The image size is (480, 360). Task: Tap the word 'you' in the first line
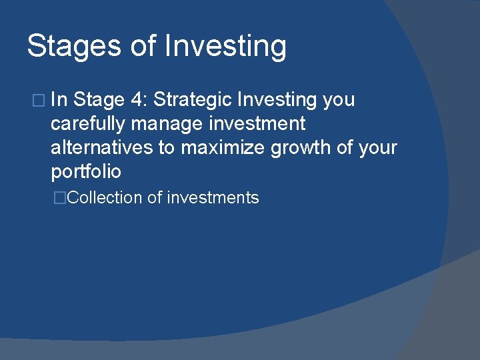pos(339,101)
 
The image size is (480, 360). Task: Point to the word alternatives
pos(102,147)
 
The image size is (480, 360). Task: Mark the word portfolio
pos(86,171)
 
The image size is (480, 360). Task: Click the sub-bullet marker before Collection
pos(62,198)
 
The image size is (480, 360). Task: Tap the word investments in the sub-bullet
pos(213,198)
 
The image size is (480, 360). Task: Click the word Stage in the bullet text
pos(99,100)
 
